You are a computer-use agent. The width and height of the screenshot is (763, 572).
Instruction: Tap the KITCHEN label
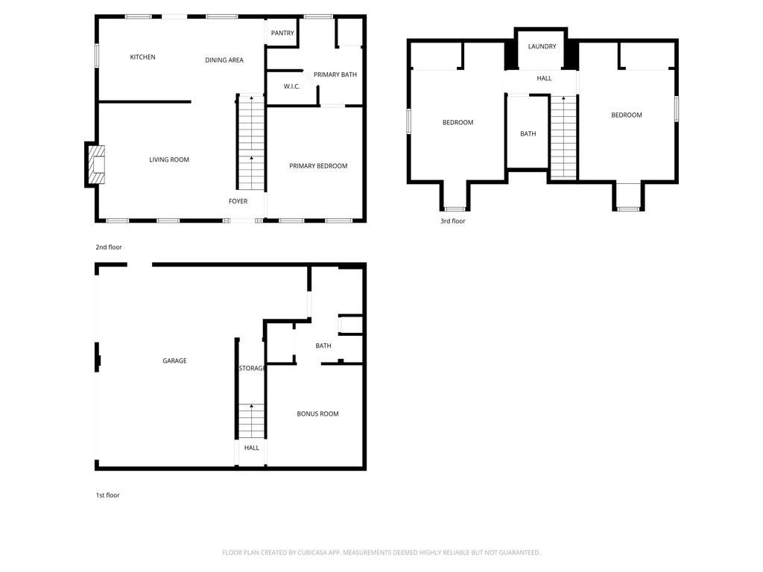pyautogui.click(x=142, y=57)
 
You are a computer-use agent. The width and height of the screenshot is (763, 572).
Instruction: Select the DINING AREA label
pyautogui.click(x=224, y=60)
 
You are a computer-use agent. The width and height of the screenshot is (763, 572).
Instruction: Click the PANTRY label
pyautogui.click(x=282, y=33)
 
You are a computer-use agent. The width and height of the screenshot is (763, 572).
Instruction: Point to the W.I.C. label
pyautogui.click(x=291, y=87)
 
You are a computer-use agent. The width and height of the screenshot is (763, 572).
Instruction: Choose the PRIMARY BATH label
pyautogui.click(x=335, y=74)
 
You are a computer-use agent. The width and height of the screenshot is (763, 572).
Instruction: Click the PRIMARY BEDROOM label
pyautogui.click(x=318, y=166)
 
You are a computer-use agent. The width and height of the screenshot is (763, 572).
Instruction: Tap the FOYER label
pyautogui.click(x=238, y=201)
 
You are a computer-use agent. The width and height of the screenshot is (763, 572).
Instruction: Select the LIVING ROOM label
pyautogui.click(x=169, y=159)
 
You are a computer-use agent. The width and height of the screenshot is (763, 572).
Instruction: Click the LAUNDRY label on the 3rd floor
pyautogui.click(x=542, y=46)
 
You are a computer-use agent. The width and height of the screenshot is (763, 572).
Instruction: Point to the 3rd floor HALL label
pyautogui.click(x=544, y=78)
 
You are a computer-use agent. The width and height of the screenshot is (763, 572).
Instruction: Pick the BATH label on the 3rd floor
pyautogui.click(x=528, y=134)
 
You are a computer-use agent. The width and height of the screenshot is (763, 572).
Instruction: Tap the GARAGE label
pyautogui.click(x=174, y=360)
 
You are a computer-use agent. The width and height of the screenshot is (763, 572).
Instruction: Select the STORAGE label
pyautogui.click(x=252, y=368)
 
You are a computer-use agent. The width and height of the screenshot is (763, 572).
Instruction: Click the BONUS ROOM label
pyautogui.click(x=317, y=413)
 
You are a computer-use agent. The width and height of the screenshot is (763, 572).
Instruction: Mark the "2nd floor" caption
pyautogui.click(x=108, y=247)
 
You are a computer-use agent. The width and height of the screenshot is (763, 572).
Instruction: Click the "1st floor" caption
pyautogui.click(x=107, y=495)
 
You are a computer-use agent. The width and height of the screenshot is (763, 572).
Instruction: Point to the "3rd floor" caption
pyautogui.click(x=452, y=221)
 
